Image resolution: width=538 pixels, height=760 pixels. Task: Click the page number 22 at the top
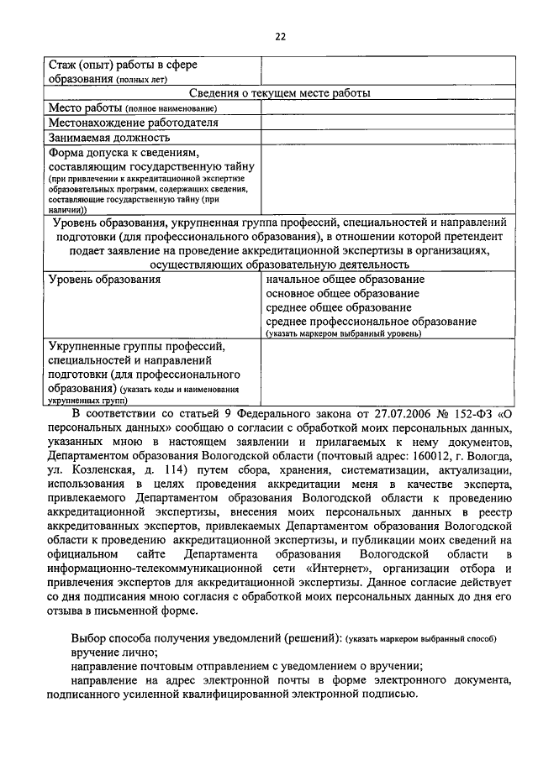click(280, 36)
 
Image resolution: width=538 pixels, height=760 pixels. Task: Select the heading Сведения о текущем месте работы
click(280, 93)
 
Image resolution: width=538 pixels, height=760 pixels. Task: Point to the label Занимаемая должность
click(109, 137)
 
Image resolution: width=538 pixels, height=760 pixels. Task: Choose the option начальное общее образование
click(345, 279)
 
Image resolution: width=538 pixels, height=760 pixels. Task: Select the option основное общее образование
click(342, 294)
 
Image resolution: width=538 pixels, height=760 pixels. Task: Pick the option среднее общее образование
click(338, 308)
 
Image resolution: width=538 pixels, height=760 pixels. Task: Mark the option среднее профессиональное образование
click(371, 322)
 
